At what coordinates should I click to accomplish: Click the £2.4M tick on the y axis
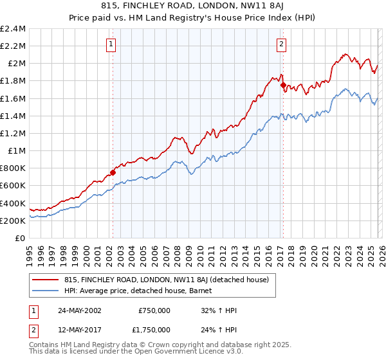tap(13, 29)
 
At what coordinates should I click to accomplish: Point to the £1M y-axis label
tap(16, 151)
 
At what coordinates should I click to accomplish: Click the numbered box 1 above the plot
tap(112, 44)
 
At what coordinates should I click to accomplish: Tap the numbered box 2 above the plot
tap(282, 44)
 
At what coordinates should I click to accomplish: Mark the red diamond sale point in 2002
tap(113, 172)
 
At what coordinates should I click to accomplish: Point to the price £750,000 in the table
tap(154, 310)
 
